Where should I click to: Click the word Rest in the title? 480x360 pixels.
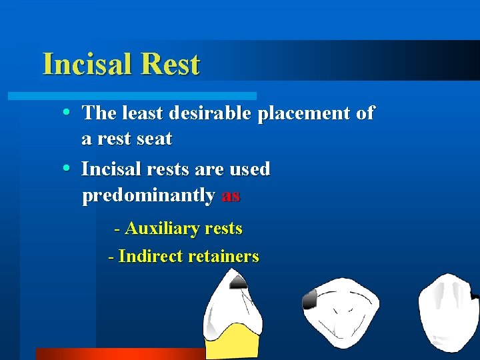(x=171, y=64)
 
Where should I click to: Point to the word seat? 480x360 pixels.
(x=153, y=139)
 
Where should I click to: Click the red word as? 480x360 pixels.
(x=230, y=195)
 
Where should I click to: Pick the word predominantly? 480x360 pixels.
(x=148, y=196)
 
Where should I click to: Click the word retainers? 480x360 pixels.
(x=223, y=256)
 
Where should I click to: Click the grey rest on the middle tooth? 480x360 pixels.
(x=309, y=299)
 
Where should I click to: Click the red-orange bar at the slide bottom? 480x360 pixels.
(x=120, y=353)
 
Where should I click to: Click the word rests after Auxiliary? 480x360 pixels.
(x=224, y=229)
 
